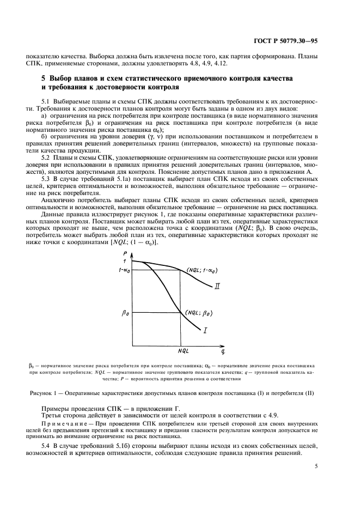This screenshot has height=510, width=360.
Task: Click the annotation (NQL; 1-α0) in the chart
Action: [x=202, y=270]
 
